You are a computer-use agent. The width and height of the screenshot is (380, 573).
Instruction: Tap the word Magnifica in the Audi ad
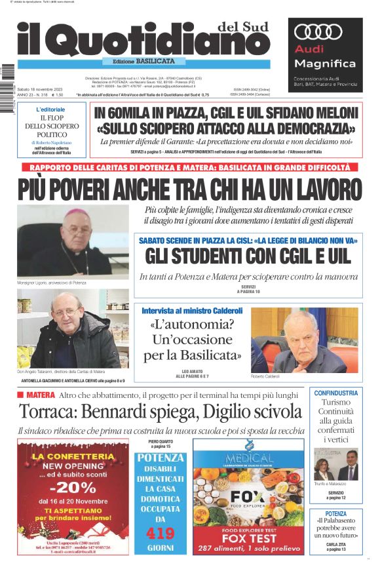325,64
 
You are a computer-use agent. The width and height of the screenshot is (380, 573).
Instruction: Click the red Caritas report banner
190,168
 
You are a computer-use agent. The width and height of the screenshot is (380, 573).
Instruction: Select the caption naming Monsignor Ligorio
51,283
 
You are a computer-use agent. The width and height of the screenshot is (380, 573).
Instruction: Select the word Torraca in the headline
49,412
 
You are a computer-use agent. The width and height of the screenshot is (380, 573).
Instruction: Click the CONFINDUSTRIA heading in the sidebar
335,393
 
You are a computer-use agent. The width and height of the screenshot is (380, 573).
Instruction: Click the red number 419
160,532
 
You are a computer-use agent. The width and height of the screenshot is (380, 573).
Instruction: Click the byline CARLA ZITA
335,544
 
